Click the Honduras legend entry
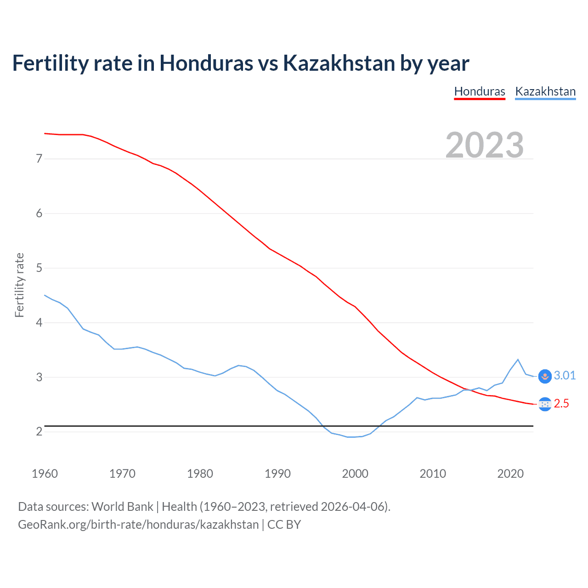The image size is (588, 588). point(480,91)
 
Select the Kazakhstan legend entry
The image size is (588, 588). point(545,91)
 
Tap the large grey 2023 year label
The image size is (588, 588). point(485,145)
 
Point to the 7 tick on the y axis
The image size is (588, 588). point(39,159)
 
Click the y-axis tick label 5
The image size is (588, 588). point(39,268)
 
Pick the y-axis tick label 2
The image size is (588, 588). point(39,431)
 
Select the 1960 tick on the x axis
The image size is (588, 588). point(45,474)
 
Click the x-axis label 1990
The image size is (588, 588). point(277,474)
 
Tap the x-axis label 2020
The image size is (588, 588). point(510,474)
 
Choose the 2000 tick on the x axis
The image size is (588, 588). point(355,474)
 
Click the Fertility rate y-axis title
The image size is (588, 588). point(19,285)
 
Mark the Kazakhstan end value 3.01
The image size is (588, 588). point(565,376)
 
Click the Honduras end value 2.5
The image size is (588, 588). point(561,404)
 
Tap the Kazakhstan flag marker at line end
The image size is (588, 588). point(545,376)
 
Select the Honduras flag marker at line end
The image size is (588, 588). point(545,404)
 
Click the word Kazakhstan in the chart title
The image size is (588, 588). point(339,63)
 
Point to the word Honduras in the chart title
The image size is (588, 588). point(206,63)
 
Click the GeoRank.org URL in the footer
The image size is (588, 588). point(138,525)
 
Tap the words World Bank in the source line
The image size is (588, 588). point(122,507)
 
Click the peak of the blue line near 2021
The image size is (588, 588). point(518,359)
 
